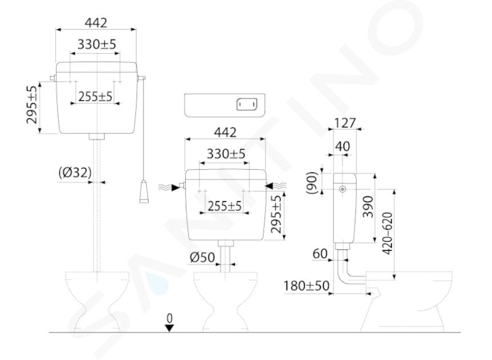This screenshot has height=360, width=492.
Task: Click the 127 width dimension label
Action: (x=345, y=123)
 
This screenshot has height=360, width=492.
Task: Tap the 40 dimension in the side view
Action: (x=343, y=146)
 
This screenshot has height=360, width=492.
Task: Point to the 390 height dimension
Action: (x=368, y=207)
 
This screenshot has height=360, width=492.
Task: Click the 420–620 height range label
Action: (x=387, y=234)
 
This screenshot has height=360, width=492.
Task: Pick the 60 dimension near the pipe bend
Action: (x=320, y=254)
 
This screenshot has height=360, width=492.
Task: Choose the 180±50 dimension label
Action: (x=306, y=286)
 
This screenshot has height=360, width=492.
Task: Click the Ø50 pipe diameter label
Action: (x=202, y=258)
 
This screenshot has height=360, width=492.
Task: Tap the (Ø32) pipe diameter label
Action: (x=75, y=173)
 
